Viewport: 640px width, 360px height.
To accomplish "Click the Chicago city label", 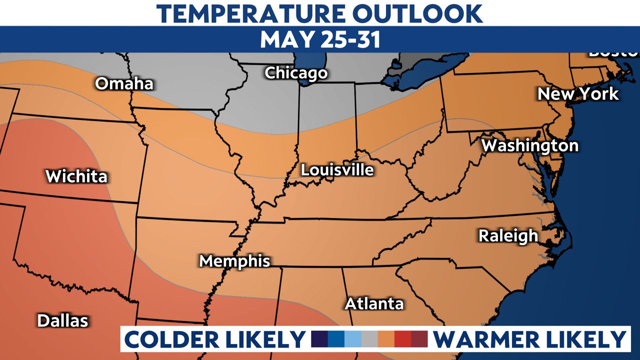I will click(x=296, y=73).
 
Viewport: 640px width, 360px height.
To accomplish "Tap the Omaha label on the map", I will click(x=124, y=83).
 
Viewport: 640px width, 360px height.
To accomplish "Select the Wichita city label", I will click(x=76, y=176).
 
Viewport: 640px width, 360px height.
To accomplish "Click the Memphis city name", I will click(x=234, y=261).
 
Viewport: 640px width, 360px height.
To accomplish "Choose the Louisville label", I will click(x=337, y=170).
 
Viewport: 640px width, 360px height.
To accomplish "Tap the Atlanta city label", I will click(x=374, y=303).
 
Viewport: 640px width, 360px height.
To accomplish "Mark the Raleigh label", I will click(x=508, y=235).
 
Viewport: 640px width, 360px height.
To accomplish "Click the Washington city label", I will click(x=529, y=145).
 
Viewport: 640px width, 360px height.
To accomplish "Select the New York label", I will click(x=578, y=94).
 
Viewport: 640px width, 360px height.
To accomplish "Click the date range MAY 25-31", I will click(x=320, y=39).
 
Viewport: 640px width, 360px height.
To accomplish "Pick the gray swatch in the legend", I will click(x=369, y=339).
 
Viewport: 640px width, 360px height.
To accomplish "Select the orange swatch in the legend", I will click(x=386, y=339).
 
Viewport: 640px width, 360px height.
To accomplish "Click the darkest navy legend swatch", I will click(x=319, y=339).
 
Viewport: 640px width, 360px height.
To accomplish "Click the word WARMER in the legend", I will click(x=487, y=339).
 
